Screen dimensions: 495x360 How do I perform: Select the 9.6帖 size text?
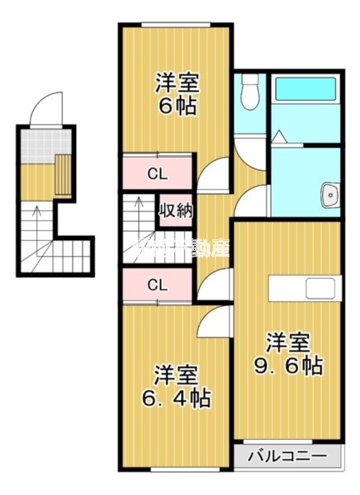point(288,365)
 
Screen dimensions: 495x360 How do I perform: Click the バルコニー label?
point(284,456)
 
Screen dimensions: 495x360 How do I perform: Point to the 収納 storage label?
point(176,210)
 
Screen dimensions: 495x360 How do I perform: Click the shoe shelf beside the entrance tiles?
point(64,173)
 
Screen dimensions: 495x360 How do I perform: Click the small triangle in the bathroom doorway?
point(280,135)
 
